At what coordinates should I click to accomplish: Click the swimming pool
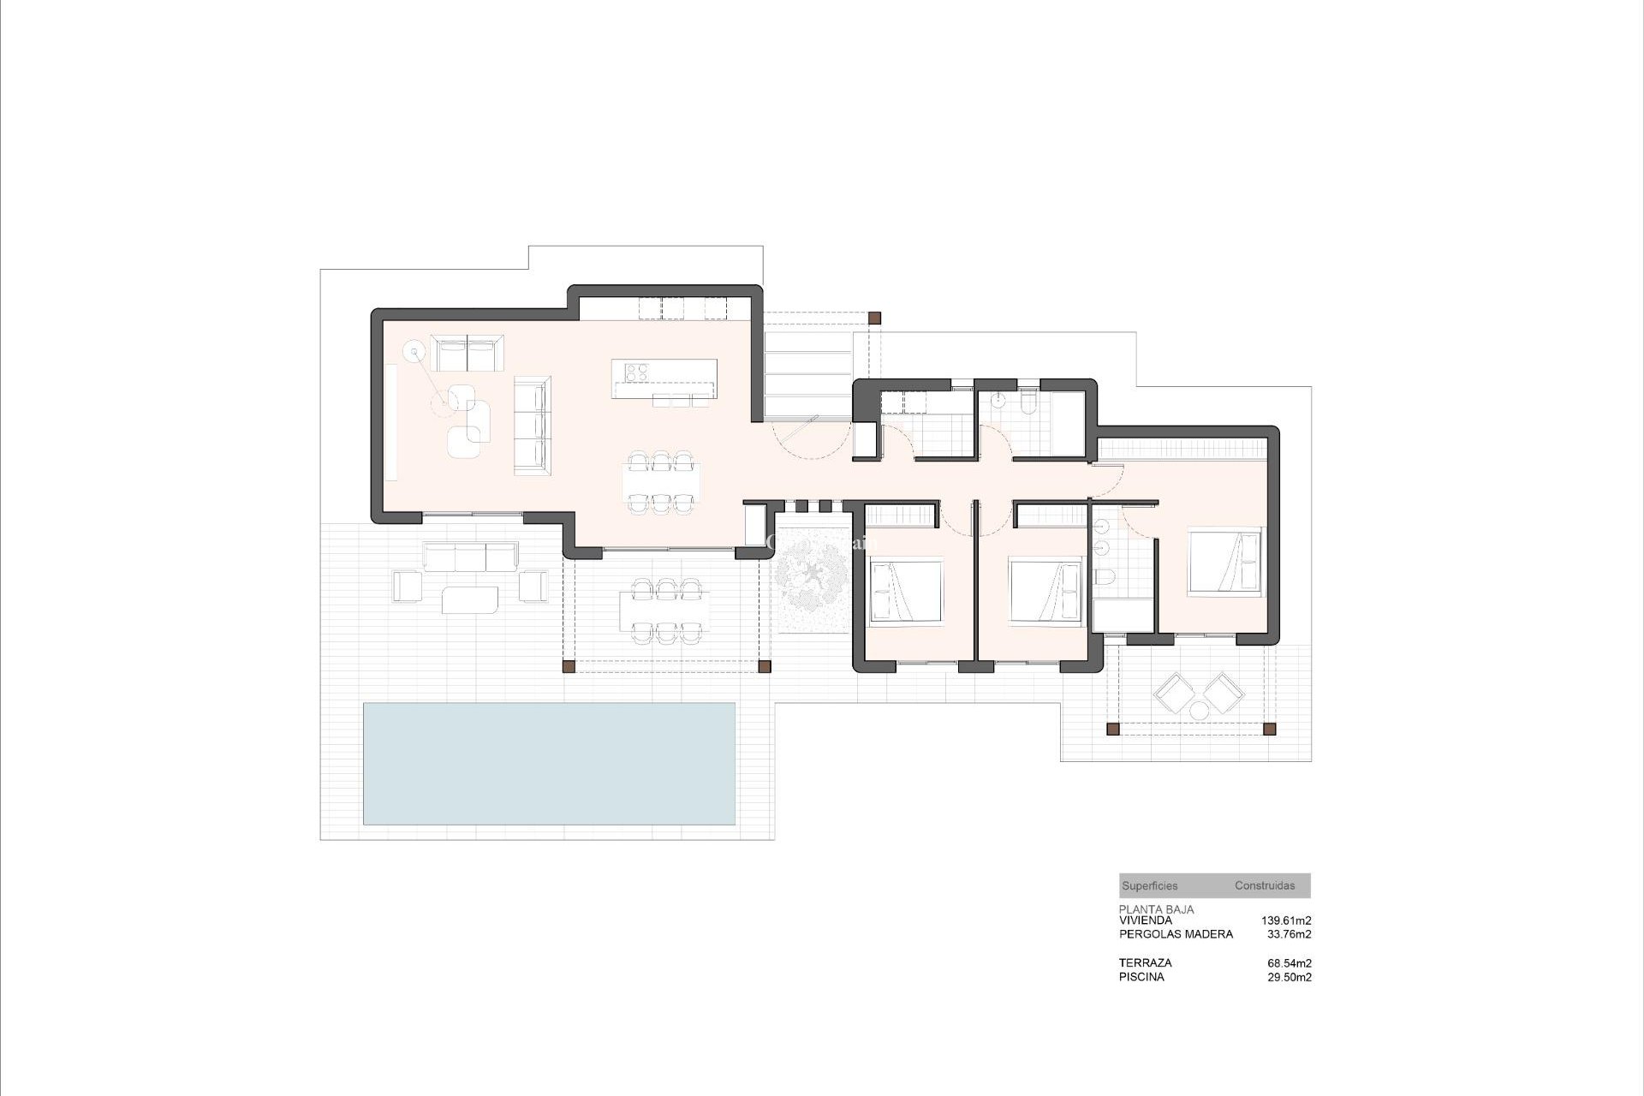(x=549, y=764)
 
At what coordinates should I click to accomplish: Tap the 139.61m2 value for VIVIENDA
(x=1286, y=920)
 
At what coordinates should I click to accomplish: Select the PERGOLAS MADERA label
(x=1176, y=934)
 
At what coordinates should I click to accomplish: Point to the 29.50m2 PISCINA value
(x=1290, y=977)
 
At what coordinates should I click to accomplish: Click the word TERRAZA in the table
(x=1145, y=963)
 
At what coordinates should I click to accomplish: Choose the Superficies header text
(x=1150, y=886)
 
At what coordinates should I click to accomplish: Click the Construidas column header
(x=1265, y=886)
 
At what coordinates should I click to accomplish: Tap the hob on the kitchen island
(x=635, y=372)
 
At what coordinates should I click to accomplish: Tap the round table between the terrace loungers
(x=1198, y=710)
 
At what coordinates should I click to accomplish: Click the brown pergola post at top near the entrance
(x=874, y=318)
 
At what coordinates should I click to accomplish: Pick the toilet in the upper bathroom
(x=1028, y=402)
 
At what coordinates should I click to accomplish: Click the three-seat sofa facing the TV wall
(x=532, y=424)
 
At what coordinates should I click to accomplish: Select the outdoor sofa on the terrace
(x=470, y=557)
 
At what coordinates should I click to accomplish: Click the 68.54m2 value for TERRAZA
(x=1290, y=963)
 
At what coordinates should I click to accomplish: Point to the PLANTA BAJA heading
(x=1156, y=909)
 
